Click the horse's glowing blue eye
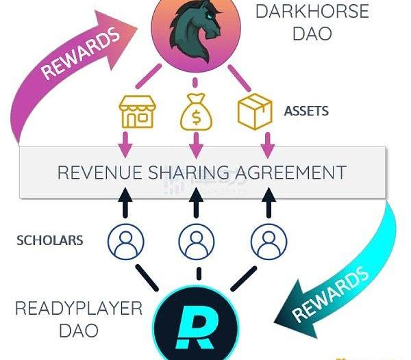(x=208, y=17)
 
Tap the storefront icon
(x=137, y=112)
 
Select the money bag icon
(x=196, y=112)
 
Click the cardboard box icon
(x=255, y=112)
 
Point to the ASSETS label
(x=306, y=111)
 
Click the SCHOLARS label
(x=50, y=240)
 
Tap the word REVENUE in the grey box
(x=99, y=172)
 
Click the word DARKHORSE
(x=312, y=11)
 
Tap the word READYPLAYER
(x=79, y=309)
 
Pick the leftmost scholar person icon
(x=126, y=242)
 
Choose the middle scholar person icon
(x=197, y=242)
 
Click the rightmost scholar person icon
(x=269, y=242)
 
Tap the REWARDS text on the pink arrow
(x=80, y=53)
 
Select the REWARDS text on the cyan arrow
(x=331, y=294)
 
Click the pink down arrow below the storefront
(x=125, y=145)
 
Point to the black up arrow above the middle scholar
(x=196, y=202)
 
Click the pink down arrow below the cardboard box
(x=268, y=145)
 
